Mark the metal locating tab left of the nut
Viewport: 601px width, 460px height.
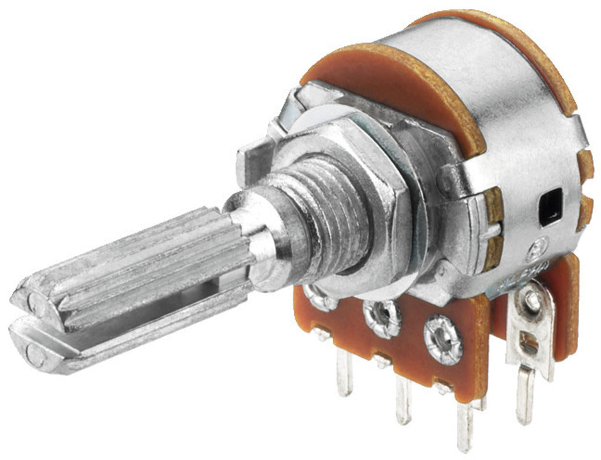250,156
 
